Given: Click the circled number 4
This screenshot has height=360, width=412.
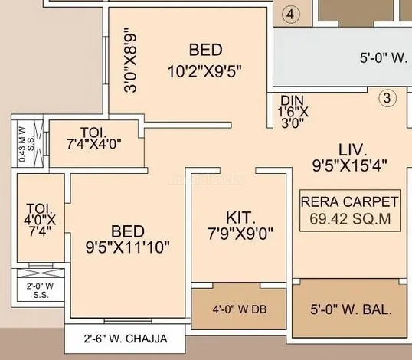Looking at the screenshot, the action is [x=290, y=15].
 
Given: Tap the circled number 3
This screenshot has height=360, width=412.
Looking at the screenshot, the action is [x=387, y=98].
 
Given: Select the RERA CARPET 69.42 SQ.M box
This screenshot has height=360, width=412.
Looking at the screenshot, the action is [x=350, y=211].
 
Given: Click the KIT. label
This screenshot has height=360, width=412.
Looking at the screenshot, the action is [x=240, y=218].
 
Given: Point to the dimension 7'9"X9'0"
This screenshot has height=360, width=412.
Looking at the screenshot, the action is [x=240, y=234].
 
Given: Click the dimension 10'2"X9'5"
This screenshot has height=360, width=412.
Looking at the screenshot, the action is [x=204, y=71].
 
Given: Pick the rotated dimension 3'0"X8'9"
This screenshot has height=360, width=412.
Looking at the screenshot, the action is [x=130, y=61].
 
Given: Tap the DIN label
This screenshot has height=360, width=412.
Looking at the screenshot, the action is [x=293, y=100].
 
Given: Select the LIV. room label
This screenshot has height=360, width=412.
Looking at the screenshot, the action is [x=352, y=150].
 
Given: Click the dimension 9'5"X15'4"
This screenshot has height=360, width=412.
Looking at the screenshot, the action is [x=350, y=165].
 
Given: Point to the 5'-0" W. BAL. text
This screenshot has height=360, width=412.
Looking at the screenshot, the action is [x=351, y=309].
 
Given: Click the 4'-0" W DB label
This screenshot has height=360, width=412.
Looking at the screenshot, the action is [x=240, y=309].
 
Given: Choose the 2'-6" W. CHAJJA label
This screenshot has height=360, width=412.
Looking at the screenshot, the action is [x=126, y=339].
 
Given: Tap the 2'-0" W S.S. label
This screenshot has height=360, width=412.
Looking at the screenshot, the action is [x=40, y=290].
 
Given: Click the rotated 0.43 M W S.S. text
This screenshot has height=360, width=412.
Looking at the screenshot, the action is [x=26, y=144].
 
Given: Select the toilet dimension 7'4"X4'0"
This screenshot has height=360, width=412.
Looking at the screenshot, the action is [x=94, y=144].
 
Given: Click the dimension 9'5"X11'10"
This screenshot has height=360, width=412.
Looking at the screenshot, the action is [x=128, y=247].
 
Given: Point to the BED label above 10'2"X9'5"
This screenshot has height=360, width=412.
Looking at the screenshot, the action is [x=206, y=50].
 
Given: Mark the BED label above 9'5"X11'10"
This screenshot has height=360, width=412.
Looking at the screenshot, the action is [x=128, y=231].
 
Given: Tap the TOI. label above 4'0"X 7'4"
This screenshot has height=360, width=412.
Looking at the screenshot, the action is [x=39, y=208].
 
